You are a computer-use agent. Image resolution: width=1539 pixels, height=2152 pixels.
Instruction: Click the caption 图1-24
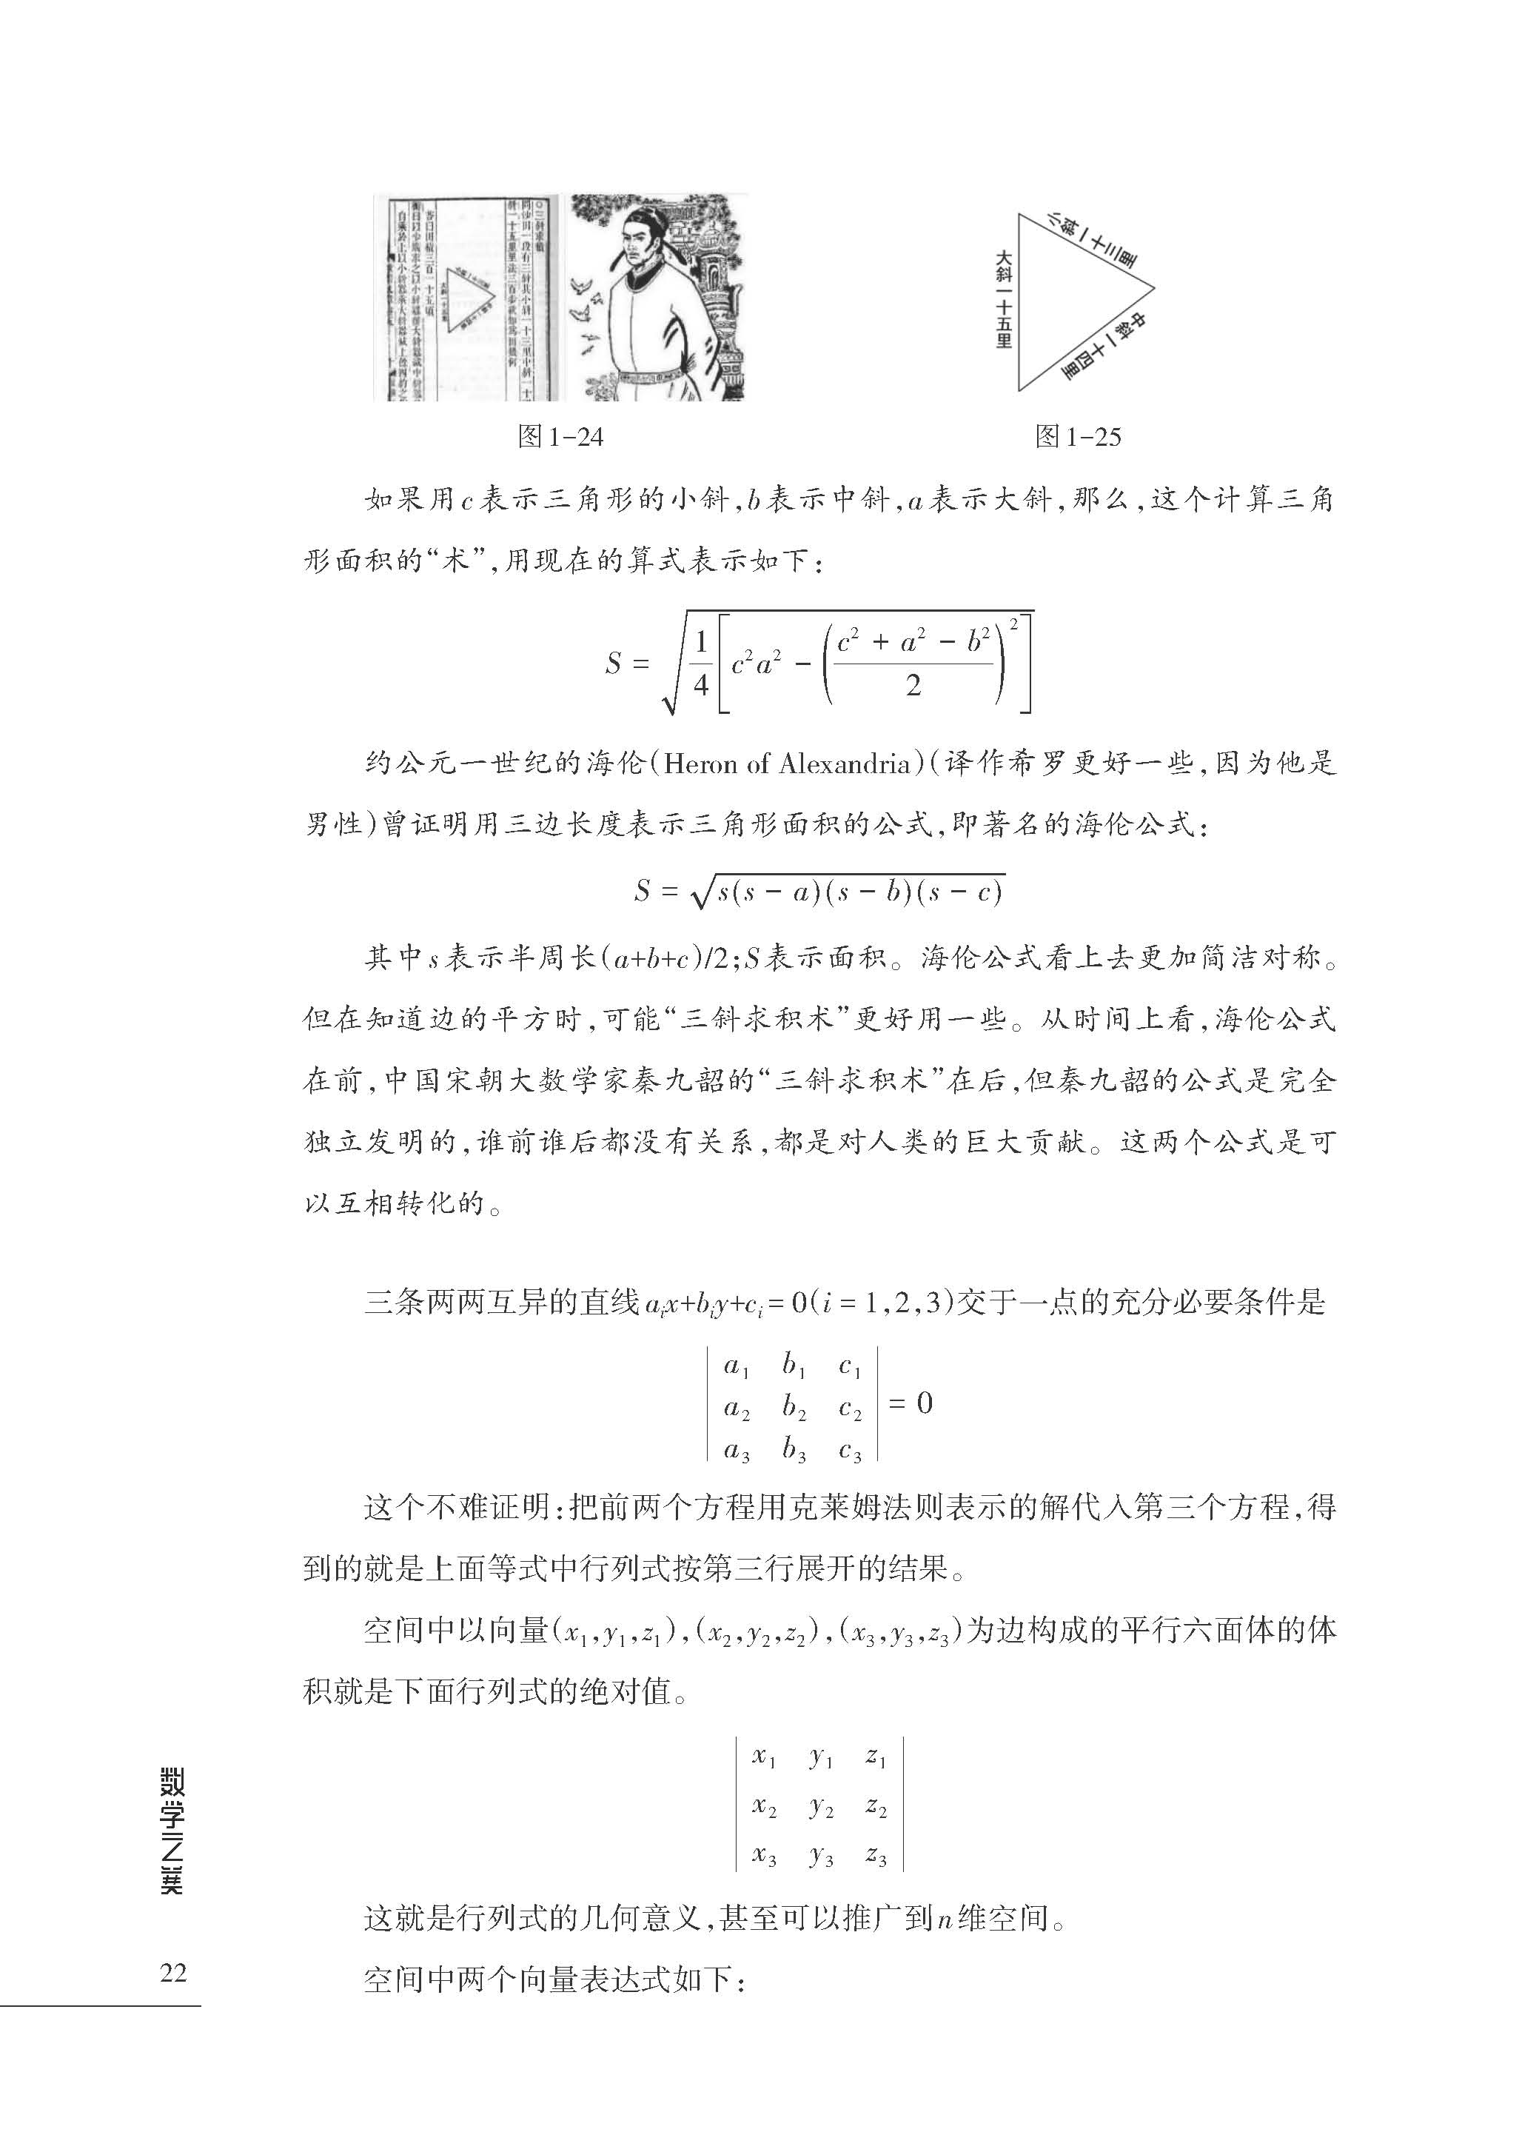pos(560,437)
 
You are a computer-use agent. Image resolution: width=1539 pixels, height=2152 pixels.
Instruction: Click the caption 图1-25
pos(1078,437)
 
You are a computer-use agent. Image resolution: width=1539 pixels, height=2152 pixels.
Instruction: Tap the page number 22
pos(173,1972)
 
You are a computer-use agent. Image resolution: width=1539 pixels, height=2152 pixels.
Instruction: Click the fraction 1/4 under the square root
pos(700,664)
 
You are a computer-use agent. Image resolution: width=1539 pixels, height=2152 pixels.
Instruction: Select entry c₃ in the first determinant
pos(850,1452)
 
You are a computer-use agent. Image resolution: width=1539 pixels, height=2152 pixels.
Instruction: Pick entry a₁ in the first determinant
pos(737,1367)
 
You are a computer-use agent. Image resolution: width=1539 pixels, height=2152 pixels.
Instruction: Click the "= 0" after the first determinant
pos(911,1404)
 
